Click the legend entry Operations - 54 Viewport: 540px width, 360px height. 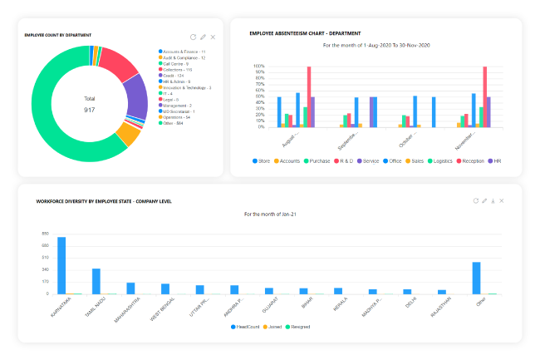pyautogui.click(x=180, y=117)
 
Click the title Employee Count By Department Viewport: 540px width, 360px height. pyautogui.click(x=58, y=35)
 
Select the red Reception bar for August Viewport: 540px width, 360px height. pyautogui.click(x=309, y=96)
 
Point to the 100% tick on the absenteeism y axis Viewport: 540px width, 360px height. pyautogui.click(x=259, y=67)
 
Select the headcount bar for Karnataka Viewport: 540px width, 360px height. pyautogui.click(x=61, y=265)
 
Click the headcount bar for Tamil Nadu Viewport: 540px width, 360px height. pyautogui.click(x=96, y=281)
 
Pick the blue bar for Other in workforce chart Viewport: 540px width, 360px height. pyautogui.click(x=477, y=278)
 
